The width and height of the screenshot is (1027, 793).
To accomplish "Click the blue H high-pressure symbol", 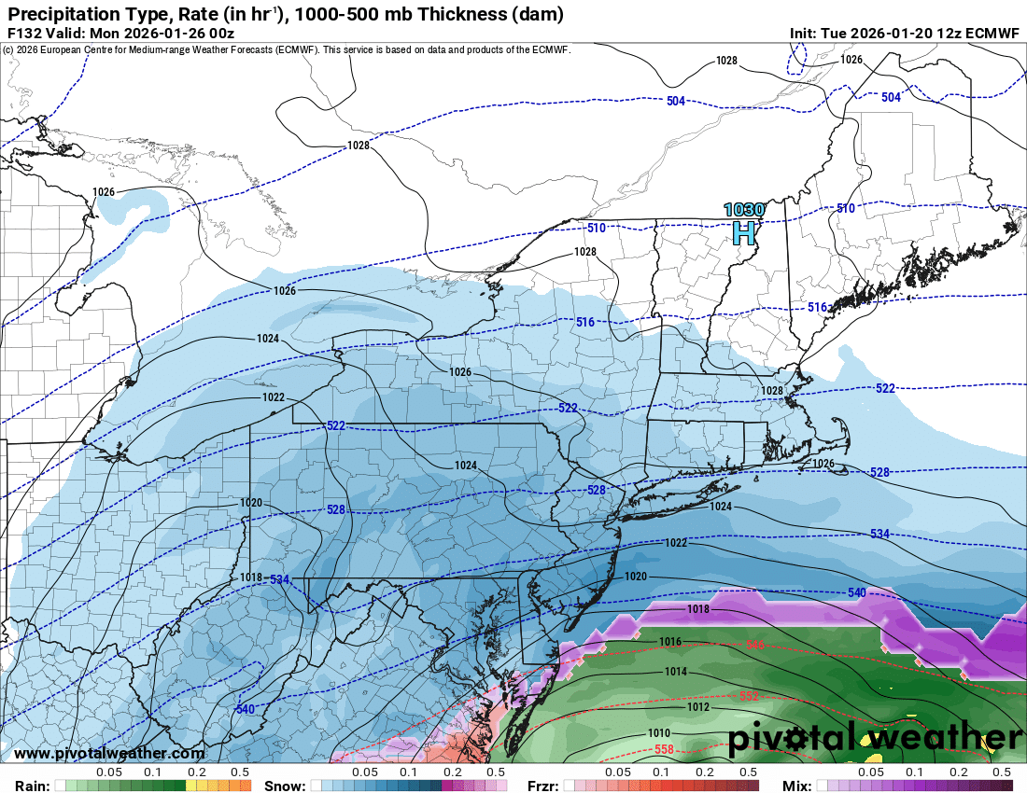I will [x=743, y=231].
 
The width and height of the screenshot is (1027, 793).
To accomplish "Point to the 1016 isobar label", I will [x=670, y=642].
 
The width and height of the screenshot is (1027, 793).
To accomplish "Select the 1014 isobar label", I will [x=676, y=672].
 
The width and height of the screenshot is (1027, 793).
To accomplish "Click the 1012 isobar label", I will [x=697, y=707].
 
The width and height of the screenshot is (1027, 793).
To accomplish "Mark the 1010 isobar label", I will [x=659, y=732].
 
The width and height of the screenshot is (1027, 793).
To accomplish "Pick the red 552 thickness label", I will [x=749, y=697].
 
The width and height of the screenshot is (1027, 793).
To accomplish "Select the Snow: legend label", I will [x=285, y=786].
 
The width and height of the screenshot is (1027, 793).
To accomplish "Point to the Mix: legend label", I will [x=796, y=786].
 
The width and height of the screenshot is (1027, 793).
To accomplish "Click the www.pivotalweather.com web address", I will [x=110, y=753].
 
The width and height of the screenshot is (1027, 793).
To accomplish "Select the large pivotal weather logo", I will [x=874, y=738].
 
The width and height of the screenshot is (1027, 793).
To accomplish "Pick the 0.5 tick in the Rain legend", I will [x=240, y=772].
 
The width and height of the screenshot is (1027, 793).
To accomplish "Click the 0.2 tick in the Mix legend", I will [x=959, y=772].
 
